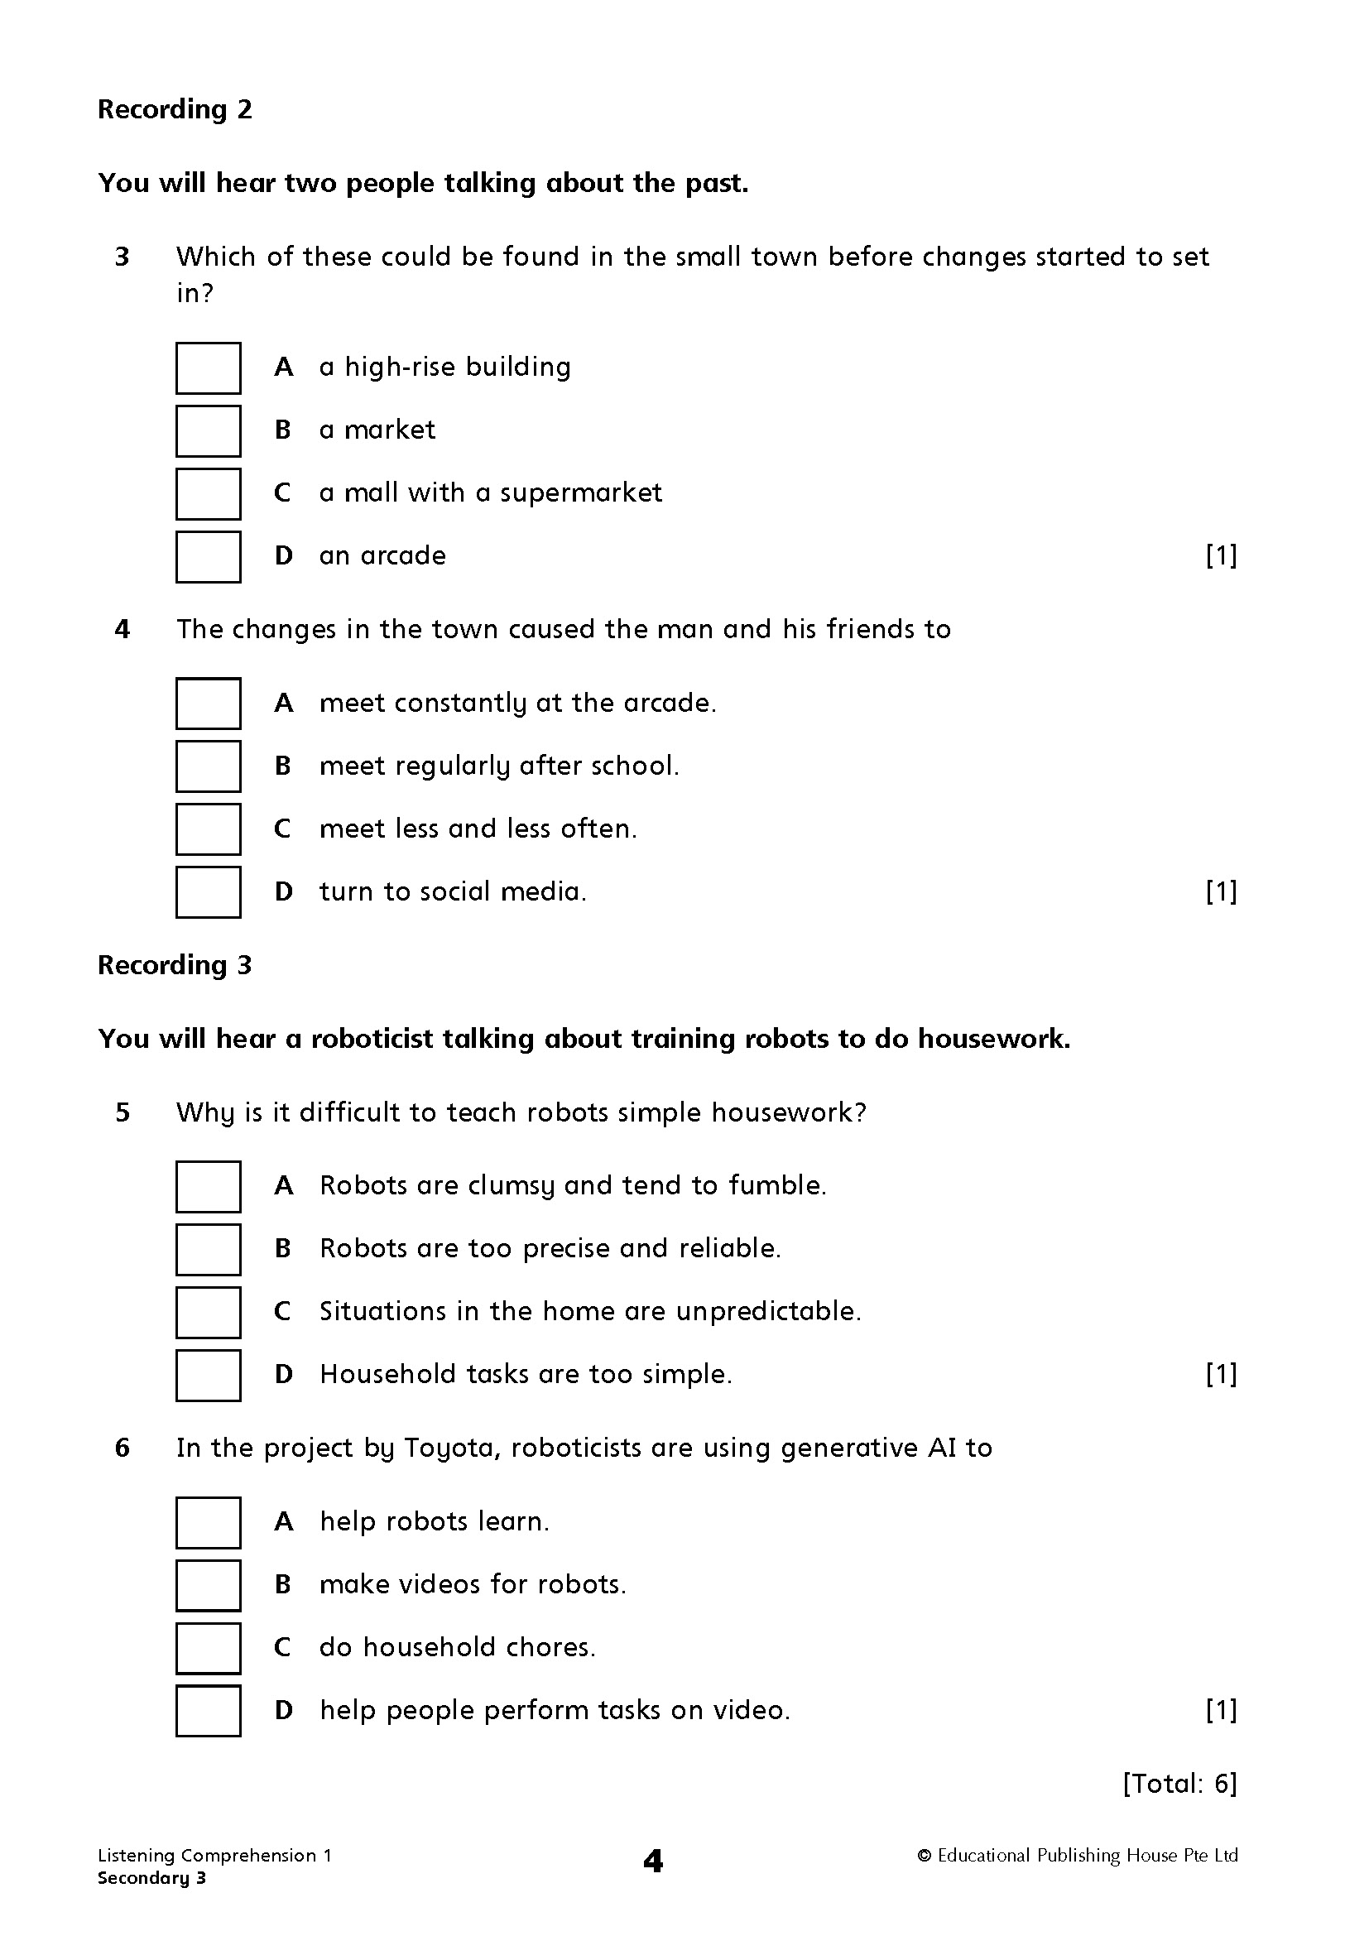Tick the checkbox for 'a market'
(x=209, y=431)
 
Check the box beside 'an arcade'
(x=209, y=556)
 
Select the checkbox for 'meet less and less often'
(x=209, y=829)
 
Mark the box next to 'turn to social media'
(x=209, y=892)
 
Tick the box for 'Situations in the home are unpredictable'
(x=209, y=1312)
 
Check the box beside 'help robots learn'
(x=209, y=1523)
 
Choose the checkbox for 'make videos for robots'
(x=209, y=1585)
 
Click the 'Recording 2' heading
(x=175, y=109)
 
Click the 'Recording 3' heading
(x=175, y=965)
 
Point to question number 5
(x=123, y=1113)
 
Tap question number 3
(x=123, y=257)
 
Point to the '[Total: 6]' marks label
(x=1179, y=1784)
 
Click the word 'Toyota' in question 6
(x=449, y=1448)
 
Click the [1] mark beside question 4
(x=1222, y=891)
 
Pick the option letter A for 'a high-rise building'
(x=284, y=368)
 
